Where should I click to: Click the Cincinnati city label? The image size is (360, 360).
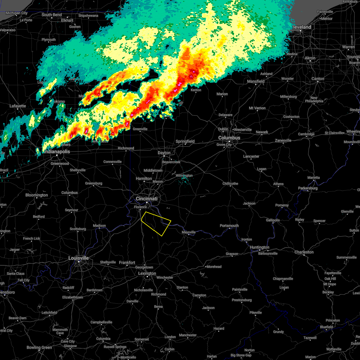(146, 199)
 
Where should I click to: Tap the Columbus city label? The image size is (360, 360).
(229, 138)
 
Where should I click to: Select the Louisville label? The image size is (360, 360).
(78, 258)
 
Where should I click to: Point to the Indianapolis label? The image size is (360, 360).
(57, 151)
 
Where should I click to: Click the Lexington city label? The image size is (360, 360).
(147, 273)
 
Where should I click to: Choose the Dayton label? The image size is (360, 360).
(164, 153)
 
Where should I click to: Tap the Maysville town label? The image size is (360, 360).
(188, 232)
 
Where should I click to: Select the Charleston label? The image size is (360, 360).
(304, 252)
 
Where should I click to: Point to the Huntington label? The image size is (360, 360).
(259, 247)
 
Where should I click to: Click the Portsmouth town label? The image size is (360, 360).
(229, 226)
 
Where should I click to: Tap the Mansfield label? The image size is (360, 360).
(256, 81)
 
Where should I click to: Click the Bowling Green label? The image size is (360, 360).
(39, 347)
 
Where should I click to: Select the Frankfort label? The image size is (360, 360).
(127, 262)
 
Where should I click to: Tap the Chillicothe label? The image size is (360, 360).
(230, 184)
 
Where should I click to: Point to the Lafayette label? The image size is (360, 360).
(18, 106)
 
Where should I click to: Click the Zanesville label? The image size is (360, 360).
(283, 140)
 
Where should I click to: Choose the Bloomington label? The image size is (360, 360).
(37, 195)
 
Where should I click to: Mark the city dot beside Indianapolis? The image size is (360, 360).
(56, 155)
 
